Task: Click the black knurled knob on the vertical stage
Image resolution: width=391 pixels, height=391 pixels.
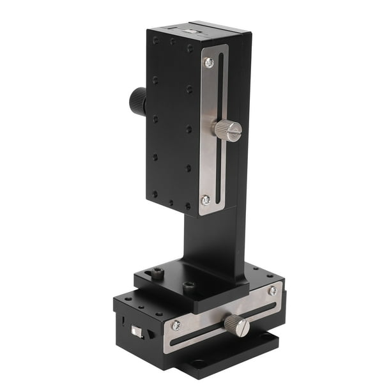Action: [137, 101]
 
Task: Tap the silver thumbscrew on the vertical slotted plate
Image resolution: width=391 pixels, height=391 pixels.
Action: [227, 130]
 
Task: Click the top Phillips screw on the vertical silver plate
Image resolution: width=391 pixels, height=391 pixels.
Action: [208, 63]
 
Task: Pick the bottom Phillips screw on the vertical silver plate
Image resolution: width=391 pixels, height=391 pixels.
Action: [206, 200]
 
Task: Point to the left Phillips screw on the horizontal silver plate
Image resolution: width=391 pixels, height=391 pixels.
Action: [176, 325]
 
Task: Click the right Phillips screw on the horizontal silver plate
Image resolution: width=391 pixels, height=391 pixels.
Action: [272, 291]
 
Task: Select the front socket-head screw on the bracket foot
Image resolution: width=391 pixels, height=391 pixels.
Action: [189, 287]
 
